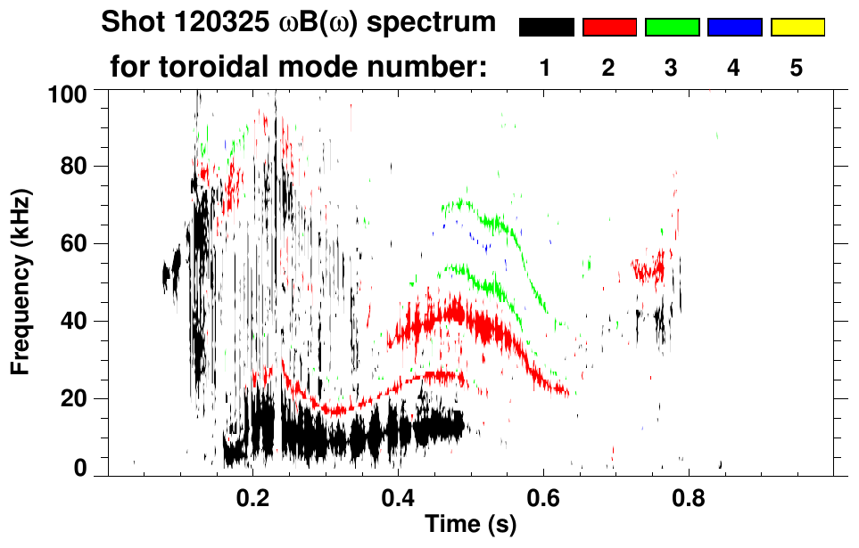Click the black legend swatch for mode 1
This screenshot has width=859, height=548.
pyautogui.click(x=546, y=28)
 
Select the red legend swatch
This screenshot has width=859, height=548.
pyautogui.click(x=609, y=28)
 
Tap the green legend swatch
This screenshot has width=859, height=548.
pyautogui.click(x=672, y=28)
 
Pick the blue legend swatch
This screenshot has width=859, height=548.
pyautogui.click(x=734, y=28)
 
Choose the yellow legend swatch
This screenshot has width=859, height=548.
pyautogui.click(x=797, y=28)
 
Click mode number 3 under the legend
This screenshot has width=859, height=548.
pyautogui.click(x=671, y=68)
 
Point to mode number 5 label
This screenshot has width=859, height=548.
pyautogui.click(x=797, y=68)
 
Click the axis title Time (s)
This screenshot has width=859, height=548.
pyautogui.click(x=470, y=525)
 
